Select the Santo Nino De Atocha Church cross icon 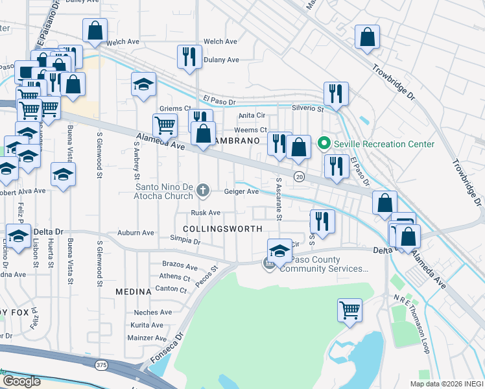click(x=204, y=190)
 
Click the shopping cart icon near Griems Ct click(x=165, y=124)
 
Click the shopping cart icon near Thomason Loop click(x=349, y=309)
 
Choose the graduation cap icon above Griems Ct click(x=144, y=84)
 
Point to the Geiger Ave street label click(x=241, y=192)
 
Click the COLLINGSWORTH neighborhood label click(x=223, y=229)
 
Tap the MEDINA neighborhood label click(x=133, y=292)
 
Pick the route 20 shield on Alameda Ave click(x=299, y=176)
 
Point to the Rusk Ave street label click(x=206, y=213)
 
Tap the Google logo click(x=21, y=381)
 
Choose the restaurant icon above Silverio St click(x=336, y=93)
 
